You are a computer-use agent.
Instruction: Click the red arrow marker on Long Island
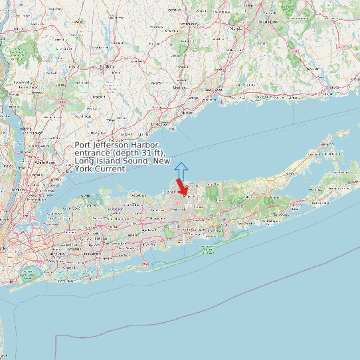pos(182,187)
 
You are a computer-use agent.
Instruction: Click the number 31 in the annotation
pos(141,153)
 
